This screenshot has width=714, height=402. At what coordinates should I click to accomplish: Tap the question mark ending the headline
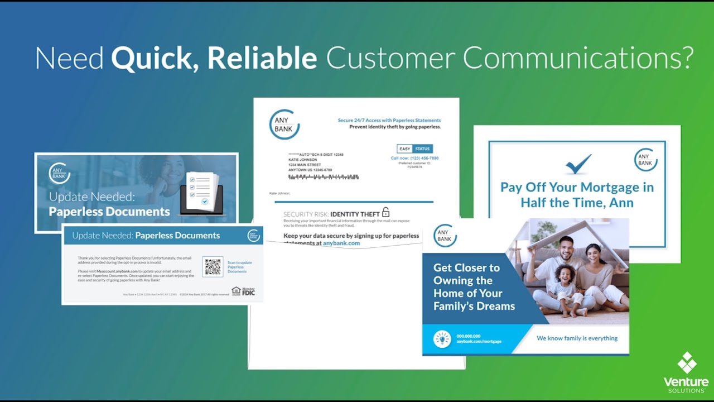[686, 58]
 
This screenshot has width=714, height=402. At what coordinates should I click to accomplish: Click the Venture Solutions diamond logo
[687, 363]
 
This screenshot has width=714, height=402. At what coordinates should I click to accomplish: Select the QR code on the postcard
[213, 267]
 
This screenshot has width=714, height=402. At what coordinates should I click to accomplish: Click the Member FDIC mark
[243, 291]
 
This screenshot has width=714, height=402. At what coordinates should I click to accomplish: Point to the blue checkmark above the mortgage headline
[577, 164]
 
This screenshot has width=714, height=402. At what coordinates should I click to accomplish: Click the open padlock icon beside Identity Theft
[385, 212]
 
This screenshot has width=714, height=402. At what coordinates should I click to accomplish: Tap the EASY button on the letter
[404, 149]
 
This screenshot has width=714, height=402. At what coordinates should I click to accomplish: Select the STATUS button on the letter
[422, 149]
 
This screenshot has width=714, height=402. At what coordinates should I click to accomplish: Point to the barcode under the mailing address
[323, 177]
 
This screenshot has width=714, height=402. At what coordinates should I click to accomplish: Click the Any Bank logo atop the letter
[283, 125]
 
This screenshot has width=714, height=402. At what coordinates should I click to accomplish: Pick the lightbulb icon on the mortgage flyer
[442, 338]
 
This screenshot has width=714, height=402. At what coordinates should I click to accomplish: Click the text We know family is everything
[577, 338]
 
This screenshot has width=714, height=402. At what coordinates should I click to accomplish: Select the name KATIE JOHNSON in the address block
[303, 160]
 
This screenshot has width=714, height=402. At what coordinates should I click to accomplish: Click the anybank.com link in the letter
[341, 243]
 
